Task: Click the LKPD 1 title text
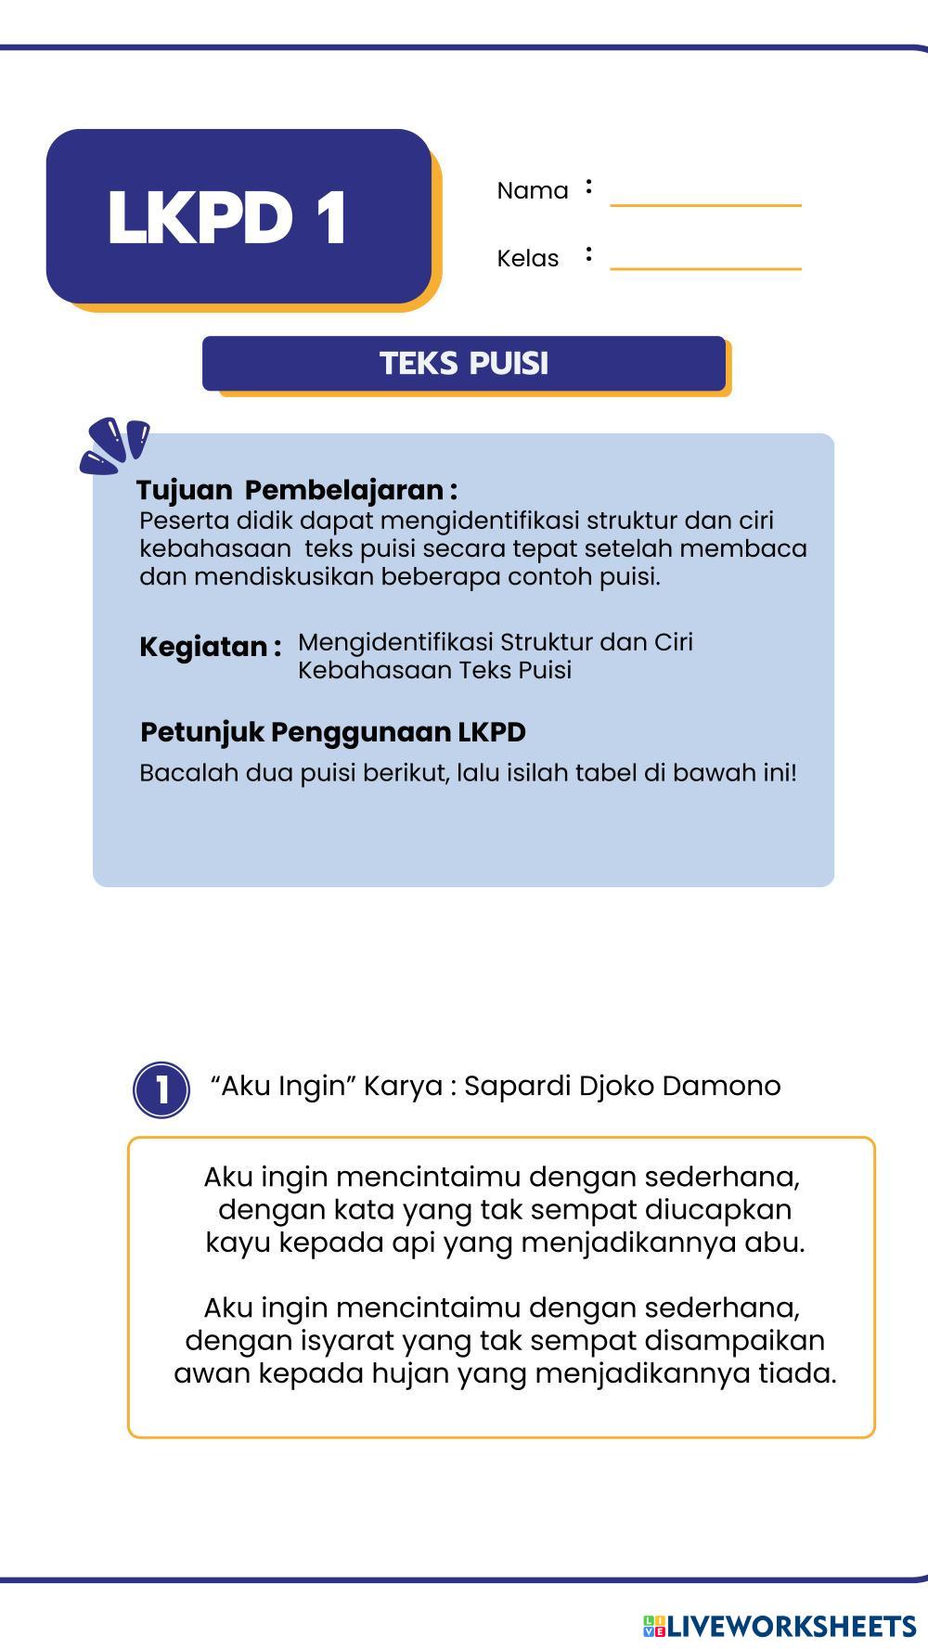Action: coord(227,218)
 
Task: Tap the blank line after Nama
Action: coord(705,197)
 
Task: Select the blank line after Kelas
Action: coord(705,261)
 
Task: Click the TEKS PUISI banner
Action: coord(464,363)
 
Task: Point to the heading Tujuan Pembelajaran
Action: coord(296,490)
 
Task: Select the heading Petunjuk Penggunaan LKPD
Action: coord(332,732)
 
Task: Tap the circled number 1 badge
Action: coord(161,1089)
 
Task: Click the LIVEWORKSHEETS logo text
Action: coord(792,1626)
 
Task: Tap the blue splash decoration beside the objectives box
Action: coord(114,444)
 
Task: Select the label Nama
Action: coord(532,191)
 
